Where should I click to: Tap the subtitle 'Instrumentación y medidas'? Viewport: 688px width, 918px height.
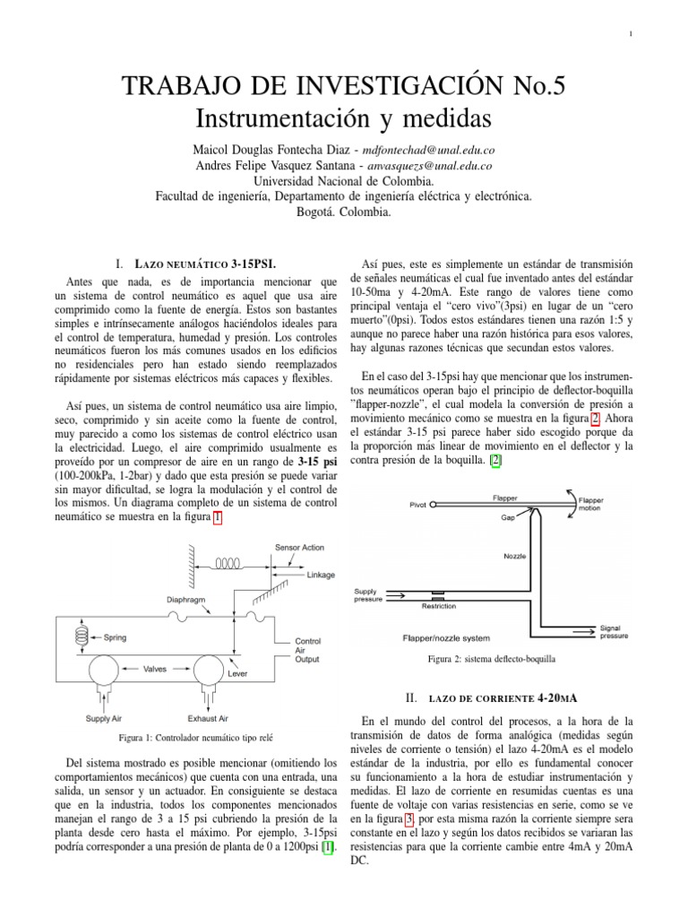(344, 117)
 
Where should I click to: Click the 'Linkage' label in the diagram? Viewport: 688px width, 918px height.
(321, 576)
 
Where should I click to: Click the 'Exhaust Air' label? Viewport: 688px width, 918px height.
(208, 718)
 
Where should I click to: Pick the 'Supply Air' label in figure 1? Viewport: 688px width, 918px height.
(105, 718)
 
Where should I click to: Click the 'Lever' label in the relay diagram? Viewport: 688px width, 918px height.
(237, 671)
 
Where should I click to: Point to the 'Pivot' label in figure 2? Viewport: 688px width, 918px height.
(418, 505)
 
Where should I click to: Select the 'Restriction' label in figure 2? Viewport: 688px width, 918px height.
(439, 606)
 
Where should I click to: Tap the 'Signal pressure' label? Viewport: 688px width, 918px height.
(614, 632)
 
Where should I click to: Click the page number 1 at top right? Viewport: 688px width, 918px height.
(631, 34)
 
